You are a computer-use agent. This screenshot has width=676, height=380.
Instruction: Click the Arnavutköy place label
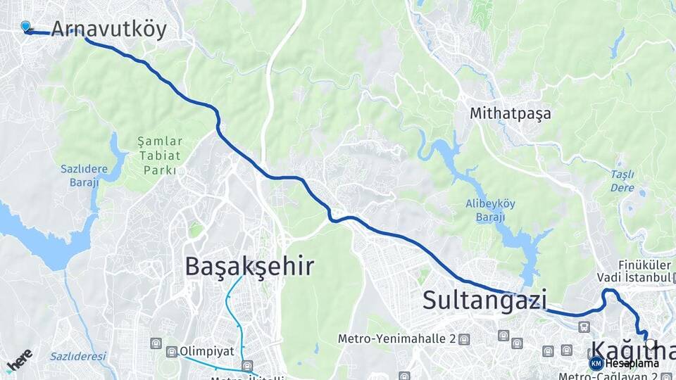coord(108,29)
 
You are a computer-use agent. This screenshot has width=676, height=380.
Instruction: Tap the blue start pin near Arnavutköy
coord(26,27)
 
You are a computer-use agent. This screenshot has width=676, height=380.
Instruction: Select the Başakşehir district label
coord(249,266)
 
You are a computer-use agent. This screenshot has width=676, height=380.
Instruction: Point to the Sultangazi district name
coord(484,300)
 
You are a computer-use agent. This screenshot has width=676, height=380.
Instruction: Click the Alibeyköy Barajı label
coord(490,210)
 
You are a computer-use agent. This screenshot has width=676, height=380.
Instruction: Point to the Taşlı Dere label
coord(622,181)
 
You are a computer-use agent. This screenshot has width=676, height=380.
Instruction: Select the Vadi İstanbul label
coord(633,277)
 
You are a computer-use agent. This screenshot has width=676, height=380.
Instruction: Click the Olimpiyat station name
coord(206,350)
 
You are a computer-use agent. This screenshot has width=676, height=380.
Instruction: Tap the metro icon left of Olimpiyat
coord(171,350)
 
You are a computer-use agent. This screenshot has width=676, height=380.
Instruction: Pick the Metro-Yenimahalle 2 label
coord(396,338)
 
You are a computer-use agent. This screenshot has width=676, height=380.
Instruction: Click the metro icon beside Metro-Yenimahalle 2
coord(463,339)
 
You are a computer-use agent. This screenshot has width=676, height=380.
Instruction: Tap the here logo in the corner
coord(19,360)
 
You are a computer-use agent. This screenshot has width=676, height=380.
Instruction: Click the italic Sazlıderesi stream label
coord(78,356)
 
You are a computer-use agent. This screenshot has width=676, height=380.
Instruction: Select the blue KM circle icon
coord(596,363)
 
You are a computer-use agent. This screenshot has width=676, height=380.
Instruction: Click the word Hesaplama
coord(632,364)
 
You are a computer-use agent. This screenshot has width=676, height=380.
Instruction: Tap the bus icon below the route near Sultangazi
coord(583,327)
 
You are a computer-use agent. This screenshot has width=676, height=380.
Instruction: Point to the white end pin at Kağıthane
coord(645,336)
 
